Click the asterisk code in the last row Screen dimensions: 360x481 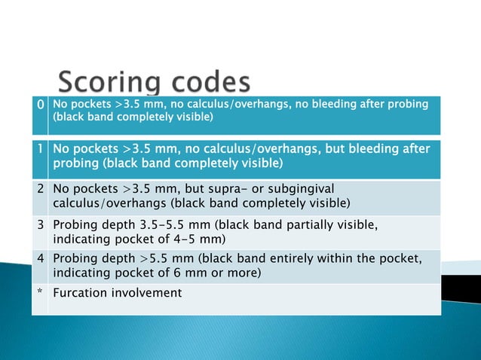tap(41, 293)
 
